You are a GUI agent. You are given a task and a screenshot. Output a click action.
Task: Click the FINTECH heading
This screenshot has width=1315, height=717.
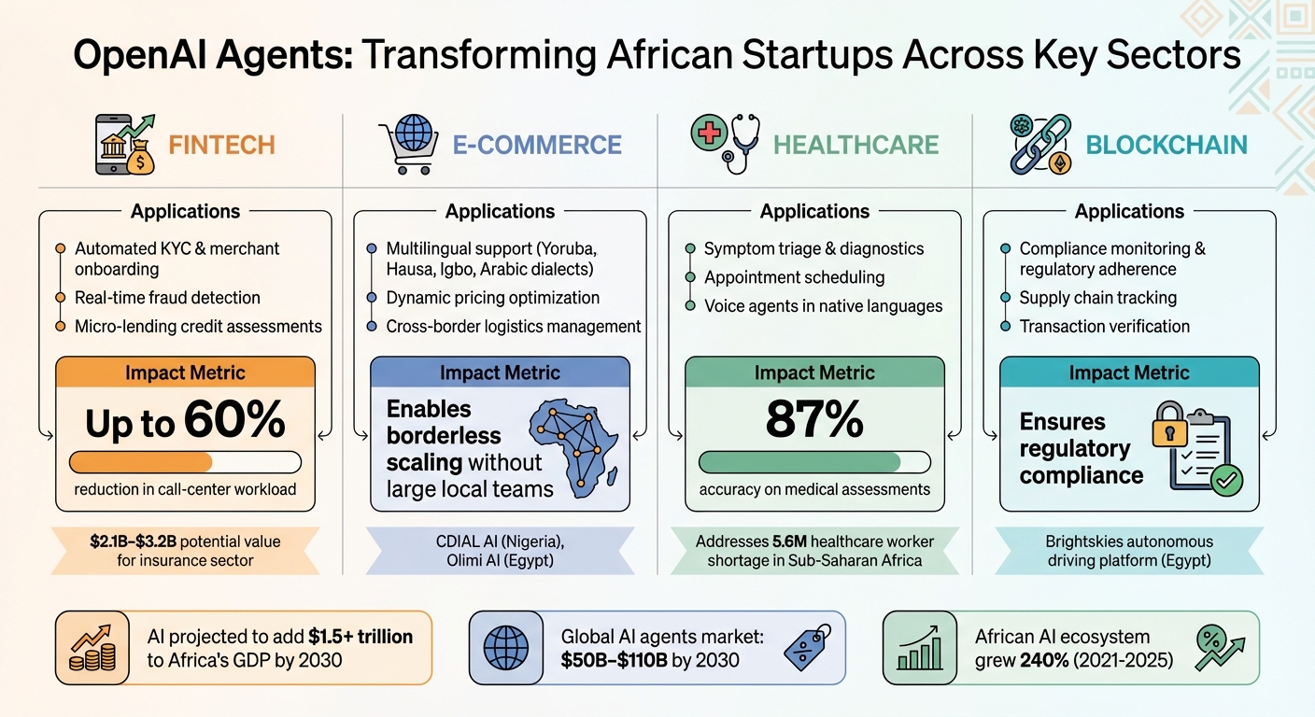pos(221,145)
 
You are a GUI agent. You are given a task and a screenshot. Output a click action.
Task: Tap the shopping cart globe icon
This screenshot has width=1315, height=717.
pos(410,145)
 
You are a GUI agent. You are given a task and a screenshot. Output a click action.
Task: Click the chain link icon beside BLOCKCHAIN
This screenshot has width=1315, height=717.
pos(1040,145)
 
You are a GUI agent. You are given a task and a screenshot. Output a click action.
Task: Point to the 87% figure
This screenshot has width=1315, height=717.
pos(814,419)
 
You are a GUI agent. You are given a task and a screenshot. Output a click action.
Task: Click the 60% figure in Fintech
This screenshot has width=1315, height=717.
pos(234,419)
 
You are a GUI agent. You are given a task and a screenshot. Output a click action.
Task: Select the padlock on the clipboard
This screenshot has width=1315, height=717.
pos(1169,425)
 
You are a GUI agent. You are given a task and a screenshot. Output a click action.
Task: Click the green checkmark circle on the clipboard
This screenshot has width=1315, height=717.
pos(1227,480)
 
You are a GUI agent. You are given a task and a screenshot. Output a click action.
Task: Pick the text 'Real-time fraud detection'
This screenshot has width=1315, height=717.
pos(167,298)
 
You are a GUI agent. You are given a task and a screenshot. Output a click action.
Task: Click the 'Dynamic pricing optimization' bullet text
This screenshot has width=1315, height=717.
pos(492,298)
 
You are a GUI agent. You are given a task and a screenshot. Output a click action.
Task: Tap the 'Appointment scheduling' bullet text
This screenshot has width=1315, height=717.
pos(794,277)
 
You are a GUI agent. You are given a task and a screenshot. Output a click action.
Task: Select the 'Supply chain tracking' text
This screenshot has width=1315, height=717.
pos(1097,298)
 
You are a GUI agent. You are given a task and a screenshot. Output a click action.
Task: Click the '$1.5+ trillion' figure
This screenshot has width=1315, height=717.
pos(361,637)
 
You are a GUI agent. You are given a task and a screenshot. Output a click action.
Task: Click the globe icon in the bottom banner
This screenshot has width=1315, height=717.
pos(505,648)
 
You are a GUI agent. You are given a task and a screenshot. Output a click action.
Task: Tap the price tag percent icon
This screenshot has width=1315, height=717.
pos(808,647)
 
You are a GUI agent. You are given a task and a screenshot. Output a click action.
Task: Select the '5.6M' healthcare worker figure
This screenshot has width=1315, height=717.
pos(789,541)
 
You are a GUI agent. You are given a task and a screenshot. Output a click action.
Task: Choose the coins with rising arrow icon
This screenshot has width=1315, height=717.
pos(92,648)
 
